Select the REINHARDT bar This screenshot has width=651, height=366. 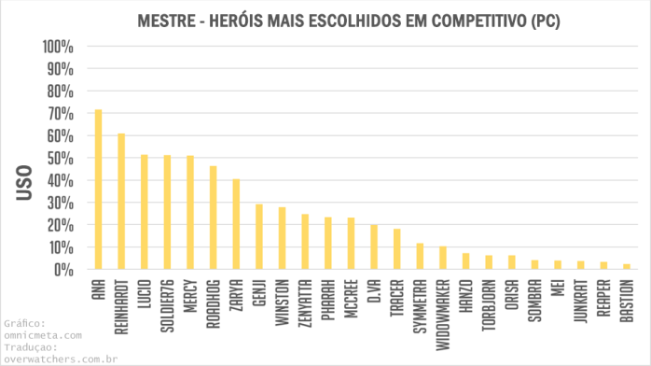coord(121,202)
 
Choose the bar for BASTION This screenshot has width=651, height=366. coord(627,267)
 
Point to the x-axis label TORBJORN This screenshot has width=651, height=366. coord(489,301)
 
